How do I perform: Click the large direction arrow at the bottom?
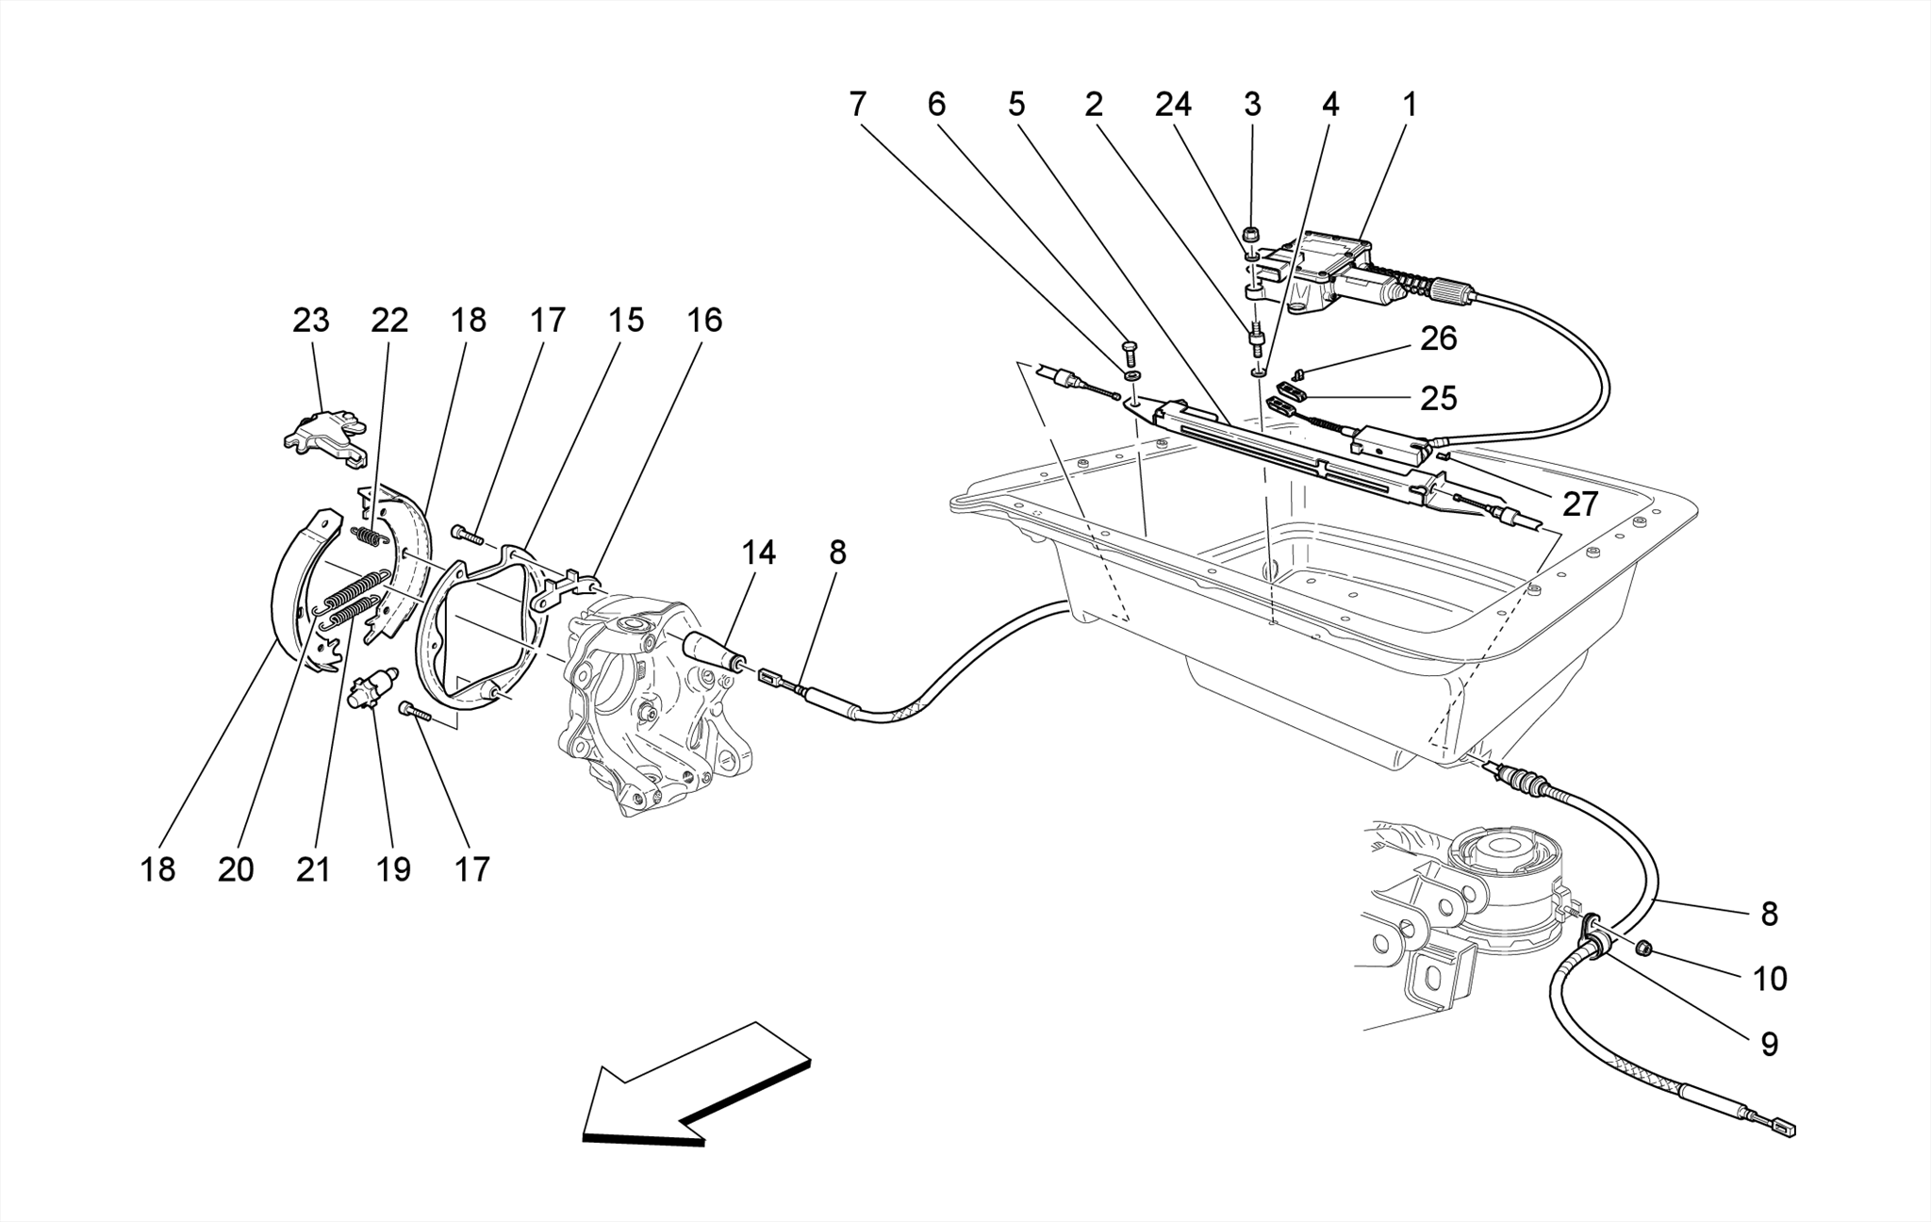(x=693, y=1084)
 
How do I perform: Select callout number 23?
(x=311, y=321)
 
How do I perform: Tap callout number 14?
(x=758, y=553)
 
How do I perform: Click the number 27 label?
(x=1580, y=504)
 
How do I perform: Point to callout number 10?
(x=1770, y=979)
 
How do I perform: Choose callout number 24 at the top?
(x=1173, y=104)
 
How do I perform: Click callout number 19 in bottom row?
(x=393, y=868)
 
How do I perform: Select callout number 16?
(x=704, y=321)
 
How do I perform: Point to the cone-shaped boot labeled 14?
(x=714, y=651)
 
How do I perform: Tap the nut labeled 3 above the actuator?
(x=1252, y=233)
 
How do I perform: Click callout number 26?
(x=1439, y=339)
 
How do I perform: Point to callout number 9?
(x=1770, y=1043)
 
